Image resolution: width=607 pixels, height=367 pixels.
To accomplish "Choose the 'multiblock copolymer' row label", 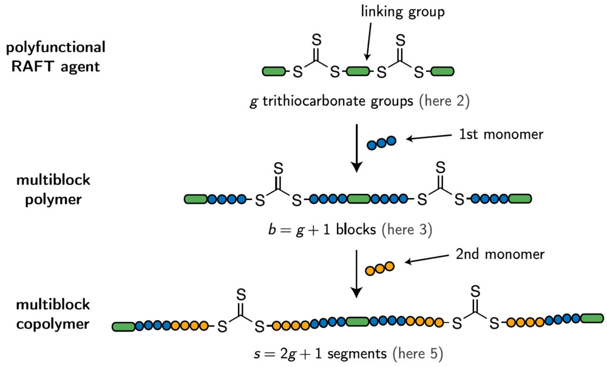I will click(53, 314).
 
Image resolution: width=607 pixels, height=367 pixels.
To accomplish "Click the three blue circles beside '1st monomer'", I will click(381, 143).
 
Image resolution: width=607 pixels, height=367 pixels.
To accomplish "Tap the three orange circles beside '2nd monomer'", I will click(380, 268).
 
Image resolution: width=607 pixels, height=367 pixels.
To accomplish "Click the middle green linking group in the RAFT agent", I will click(358, 72).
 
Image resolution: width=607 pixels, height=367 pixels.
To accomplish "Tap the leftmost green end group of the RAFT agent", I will click(274, 72).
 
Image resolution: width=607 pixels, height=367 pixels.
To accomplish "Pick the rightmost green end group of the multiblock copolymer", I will click(592, 318).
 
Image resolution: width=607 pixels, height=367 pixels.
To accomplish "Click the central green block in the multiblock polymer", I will click(359, 199).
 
